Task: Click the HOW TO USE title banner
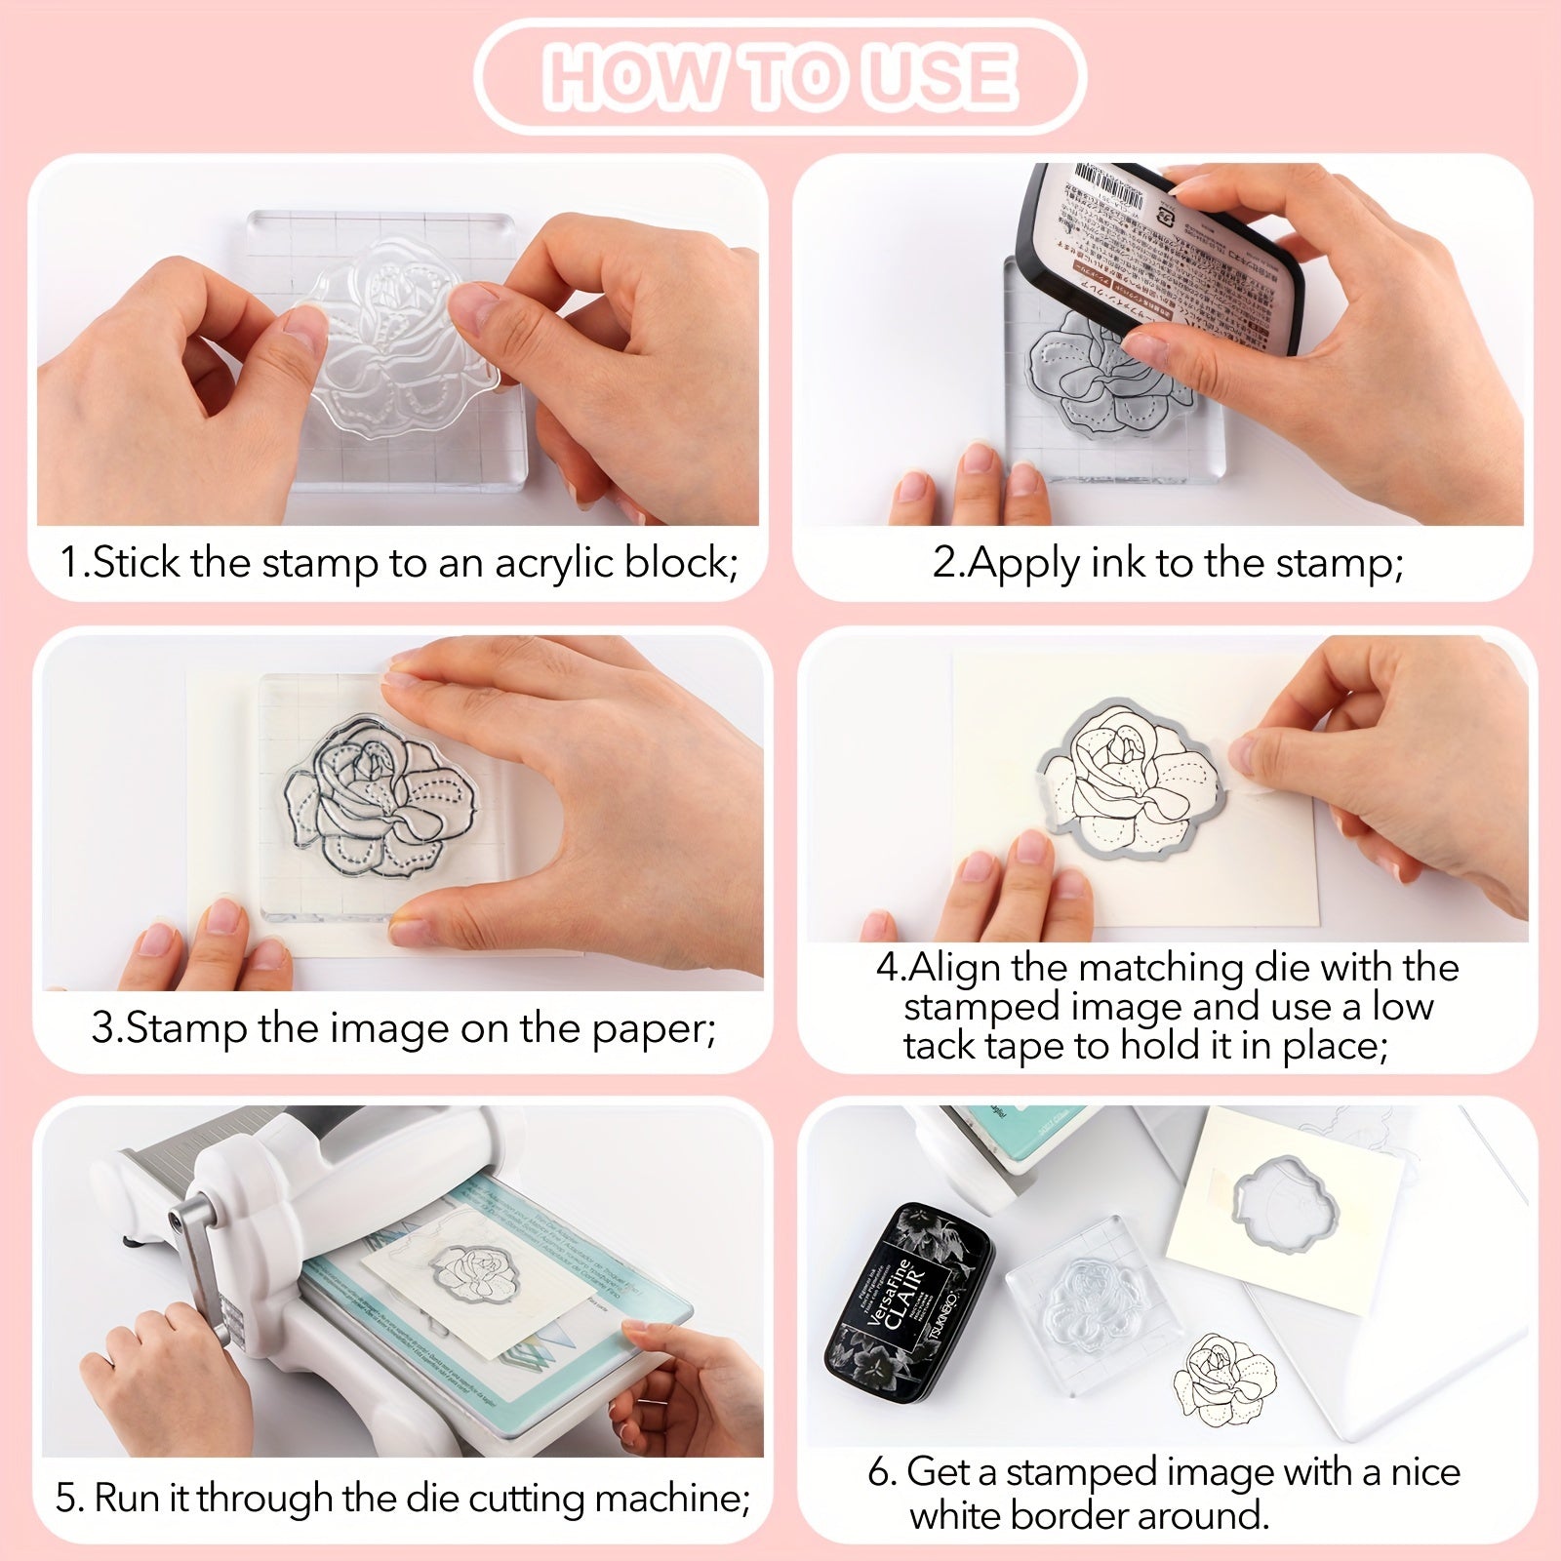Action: click(x=780, y=76)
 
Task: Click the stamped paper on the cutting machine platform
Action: click(x=478, y=1288)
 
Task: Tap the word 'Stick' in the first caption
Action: click(x=138, y=563)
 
